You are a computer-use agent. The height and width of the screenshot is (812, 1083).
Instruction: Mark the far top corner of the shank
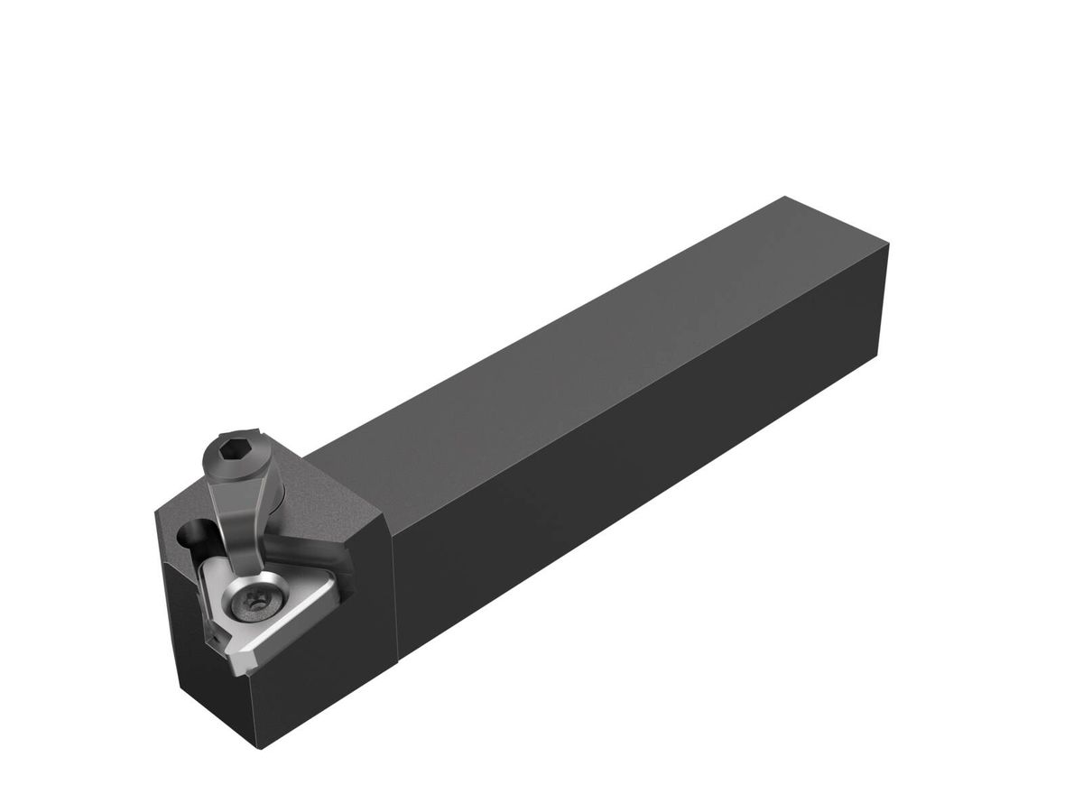pos(785,198)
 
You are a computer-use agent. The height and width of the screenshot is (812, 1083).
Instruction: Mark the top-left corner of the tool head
pos(158,512)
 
